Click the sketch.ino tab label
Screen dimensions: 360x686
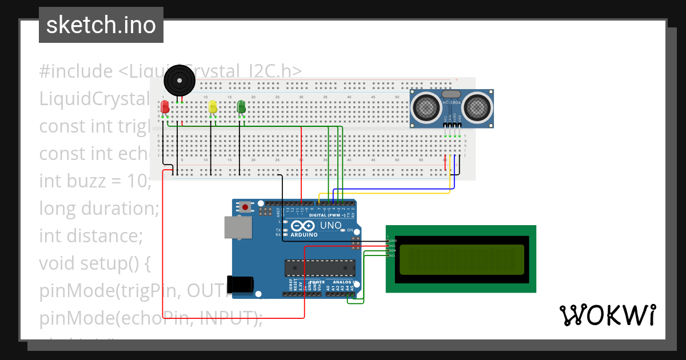point(101,25)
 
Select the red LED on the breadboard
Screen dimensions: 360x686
point(165,107)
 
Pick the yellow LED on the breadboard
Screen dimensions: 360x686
point(213,107)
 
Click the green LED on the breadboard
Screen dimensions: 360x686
point(241,107)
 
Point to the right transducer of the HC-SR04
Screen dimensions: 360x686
point(477,107)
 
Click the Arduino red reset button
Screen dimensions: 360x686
point(246,207)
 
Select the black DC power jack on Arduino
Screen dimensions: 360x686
point(240,285)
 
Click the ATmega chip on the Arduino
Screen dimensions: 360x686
point(320,267)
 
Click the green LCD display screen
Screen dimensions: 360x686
point(461,259)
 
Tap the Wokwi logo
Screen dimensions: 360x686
point(607,315)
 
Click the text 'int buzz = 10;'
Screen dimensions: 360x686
point(95,181)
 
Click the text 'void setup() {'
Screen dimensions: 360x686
point(94,263)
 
